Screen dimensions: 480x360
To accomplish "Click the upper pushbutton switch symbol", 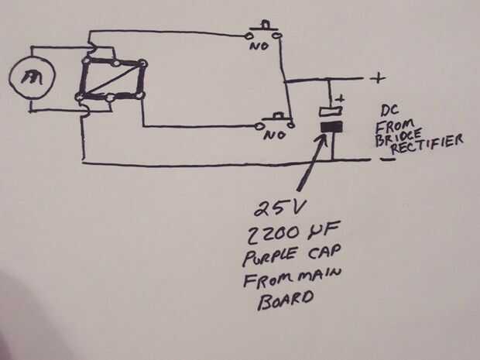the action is [x=263, y=31].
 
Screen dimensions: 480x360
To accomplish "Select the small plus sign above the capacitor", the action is [x=340, y=98].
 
